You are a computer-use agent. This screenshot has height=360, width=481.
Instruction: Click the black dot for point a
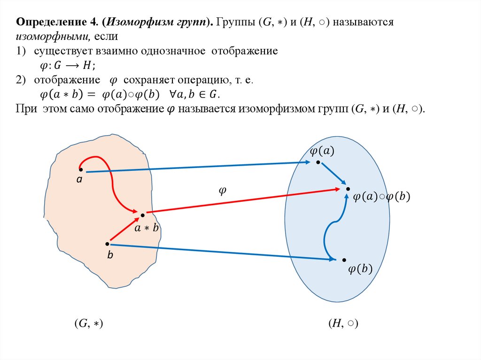81,169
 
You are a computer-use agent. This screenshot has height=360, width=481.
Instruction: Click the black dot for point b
108,244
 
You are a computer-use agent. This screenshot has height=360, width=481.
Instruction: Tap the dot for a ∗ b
142,214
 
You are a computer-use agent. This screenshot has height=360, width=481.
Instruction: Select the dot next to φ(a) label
318,162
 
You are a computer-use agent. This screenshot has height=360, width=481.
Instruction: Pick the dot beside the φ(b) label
344,260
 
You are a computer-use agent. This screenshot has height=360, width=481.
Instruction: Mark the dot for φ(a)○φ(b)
348,189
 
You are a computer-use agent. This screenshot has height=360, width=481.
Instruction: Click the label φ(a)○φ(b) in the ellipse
381,198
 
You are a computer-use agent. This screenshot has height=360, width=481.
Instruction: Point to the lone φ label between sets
222,190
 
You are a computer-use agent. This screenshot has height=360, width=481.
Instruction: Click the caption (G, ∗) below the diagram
88,323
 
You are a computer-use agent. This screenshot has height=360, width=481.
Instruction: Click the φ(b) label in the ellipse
360,269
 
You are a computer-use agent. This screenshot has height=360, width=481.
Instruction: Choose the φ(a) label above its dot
322,151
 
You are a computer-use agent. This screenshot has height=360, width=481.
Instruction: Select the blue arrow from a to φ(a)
197,167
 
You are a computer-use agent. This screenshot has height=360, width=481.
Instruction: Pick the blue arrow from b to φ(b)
221,252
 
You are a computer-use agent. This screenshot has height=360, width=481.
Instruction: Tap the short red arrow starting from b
124,230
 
